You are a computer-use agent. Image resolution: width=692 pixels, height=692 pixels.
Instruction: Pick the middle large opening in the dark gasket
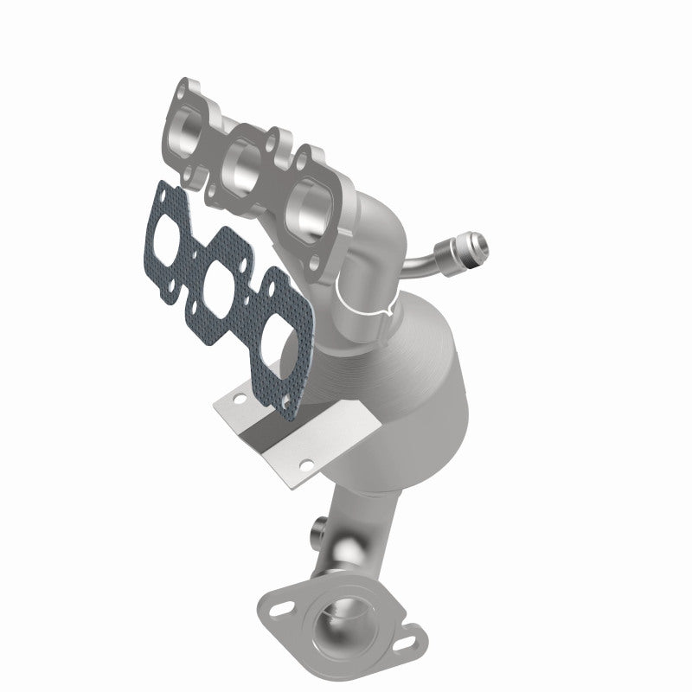pyautogui.click(x=221, y=279)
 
